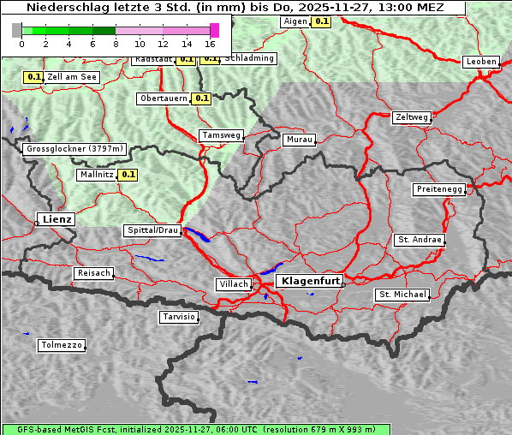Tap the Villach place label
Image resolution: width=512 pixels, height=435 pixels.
pos(234,284)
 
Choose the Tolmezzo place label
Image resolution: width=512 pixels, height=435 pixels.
pos(62,346)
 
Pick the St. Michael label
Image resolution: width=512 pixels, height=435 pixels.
pos(402,295)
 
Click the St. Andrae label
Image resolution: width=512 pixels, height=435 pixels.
pos(420,240)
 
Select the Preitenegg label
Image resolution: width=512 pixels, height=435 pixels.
pos(439,189)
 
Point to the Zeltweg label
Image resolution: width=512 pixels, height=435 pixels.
pos(412,116)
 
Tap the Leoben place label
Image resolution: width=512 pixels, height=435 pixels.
pos(480,62)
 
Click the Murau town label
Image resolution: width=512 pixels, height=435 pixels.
pos(300,139)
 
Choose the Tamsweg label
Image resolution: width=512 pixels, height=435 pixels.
pos(222,135)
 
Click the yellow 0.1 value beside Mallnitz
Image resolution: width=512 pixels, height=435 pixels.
pos(128,175)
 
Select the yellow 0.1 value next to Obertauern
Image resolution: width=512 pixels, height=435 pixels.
pos(201,98)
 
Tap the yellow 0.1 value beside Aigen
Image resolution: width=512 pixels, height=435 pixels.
pos(321,21)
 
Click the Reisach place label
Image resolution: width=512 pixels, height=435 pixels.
pos(94,273)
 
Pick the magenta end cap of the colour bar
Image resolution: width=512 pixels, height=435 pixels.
pos(214,30)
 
